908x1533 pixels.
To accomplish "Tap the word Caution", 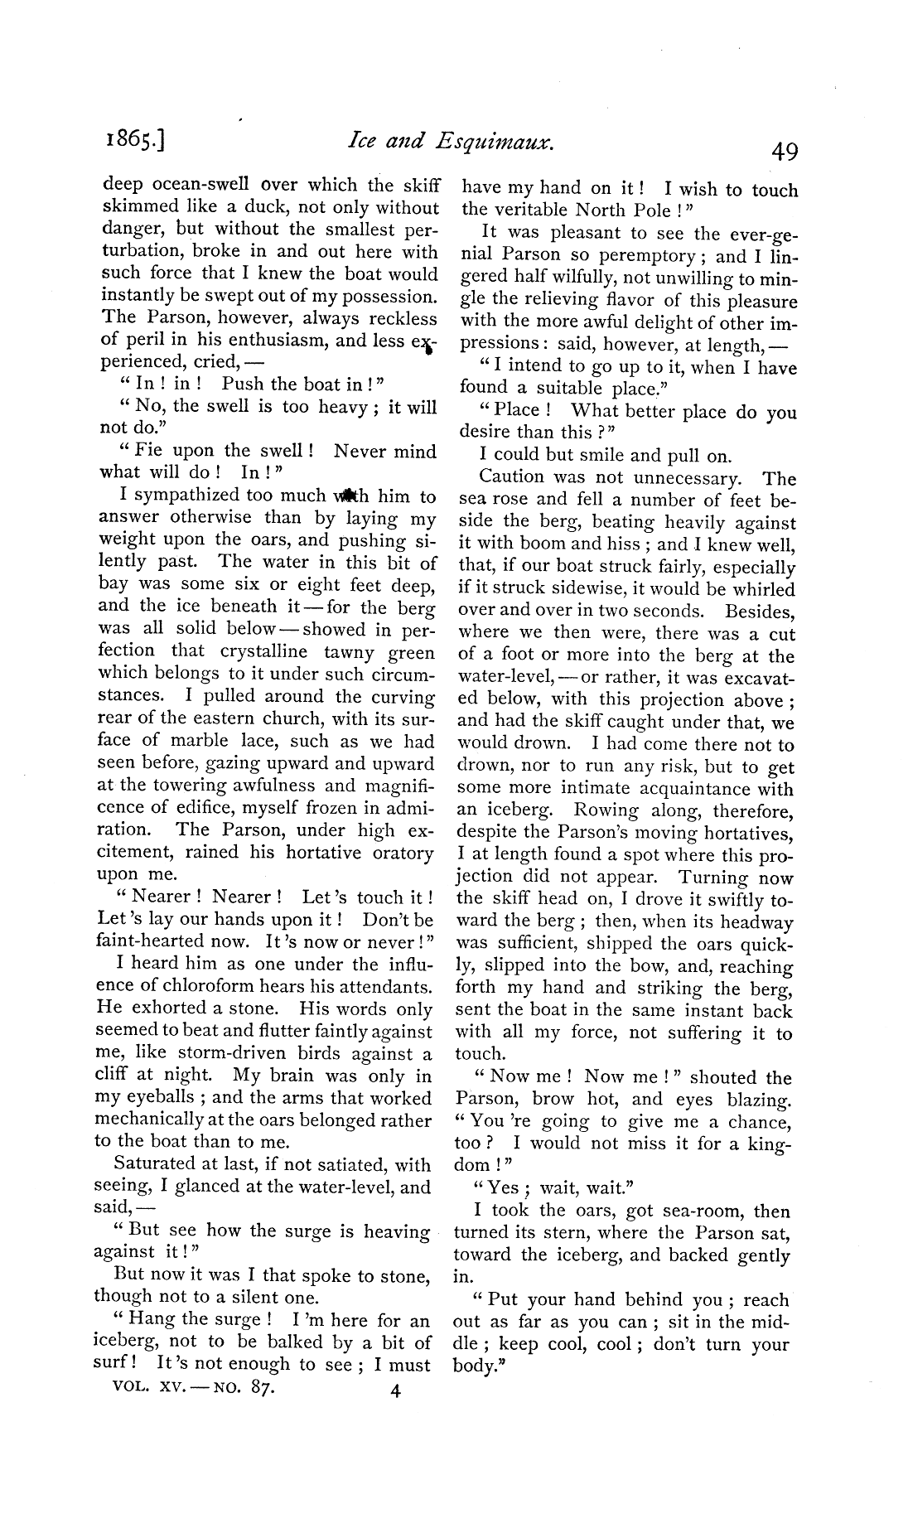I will tap(514, 477).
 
